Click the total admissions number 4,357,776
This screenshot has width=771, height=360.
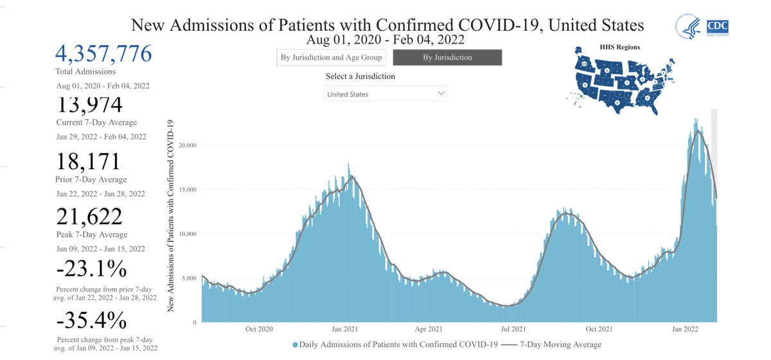104,53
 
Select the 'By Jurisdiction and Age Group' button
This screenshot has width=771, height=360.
332,57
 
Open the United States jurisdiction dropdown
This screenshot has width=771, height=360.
385,94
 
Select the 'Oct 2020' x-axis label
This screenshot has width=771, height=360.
259,329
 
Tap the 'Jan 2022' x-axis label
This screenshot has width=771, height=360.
685,329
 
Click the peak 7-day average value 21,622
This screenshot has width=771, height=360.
89,217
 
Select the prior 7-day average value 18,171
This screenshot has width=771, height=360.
89,163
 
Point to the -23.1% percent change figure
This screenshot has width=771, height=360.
91,268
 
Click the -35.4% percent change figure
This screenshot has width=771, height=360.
91,320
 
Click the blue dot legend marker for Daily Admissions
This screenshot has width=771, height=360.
295,345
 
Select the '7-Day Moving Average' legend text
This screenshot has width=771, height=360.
560,345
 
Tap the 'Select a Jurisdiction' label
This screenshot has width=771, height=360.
360,76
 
